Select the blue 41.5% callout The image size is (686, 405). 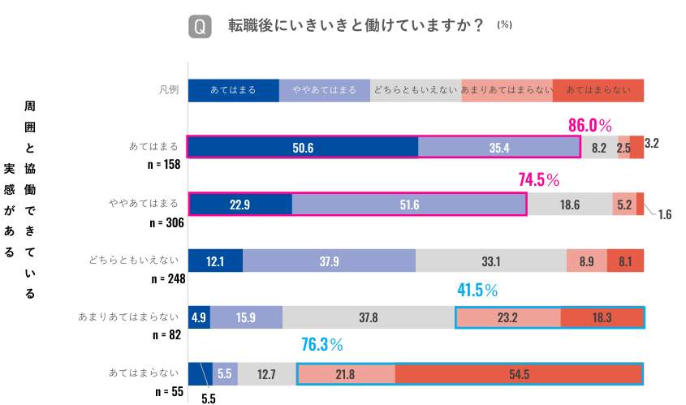(x=477, y=290)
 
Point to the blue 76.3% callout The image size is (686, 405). (x=322, y=345)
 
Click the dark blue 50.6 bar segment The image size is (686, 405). (x=303, y=147)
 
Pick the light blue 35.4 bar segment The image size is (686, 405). (x=498, y=147)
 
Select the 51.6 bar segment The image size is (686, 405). (x=409, y=205)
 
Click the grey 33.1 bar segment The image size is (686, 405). (x=490, y=261)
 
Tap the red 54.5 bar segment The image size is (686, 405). (x=519, y=374)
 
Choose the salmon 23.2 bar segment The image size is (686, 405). (x=507, y=317)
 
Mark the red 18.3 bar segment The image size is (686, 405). (x=602, y=317)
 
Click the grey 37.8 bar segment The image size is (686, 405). (x=369, y=317)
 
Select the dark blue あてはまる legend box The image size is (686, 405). (x=233, y=90)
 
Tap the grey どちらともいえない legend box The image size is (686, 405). (x=416, y=90)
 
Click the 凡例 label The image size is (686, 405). (x=168, y=90)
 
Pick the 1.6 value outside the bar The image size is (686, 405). (x=664, y=215)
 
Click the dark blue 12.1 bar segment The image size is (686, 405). (x=215, y=261)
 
